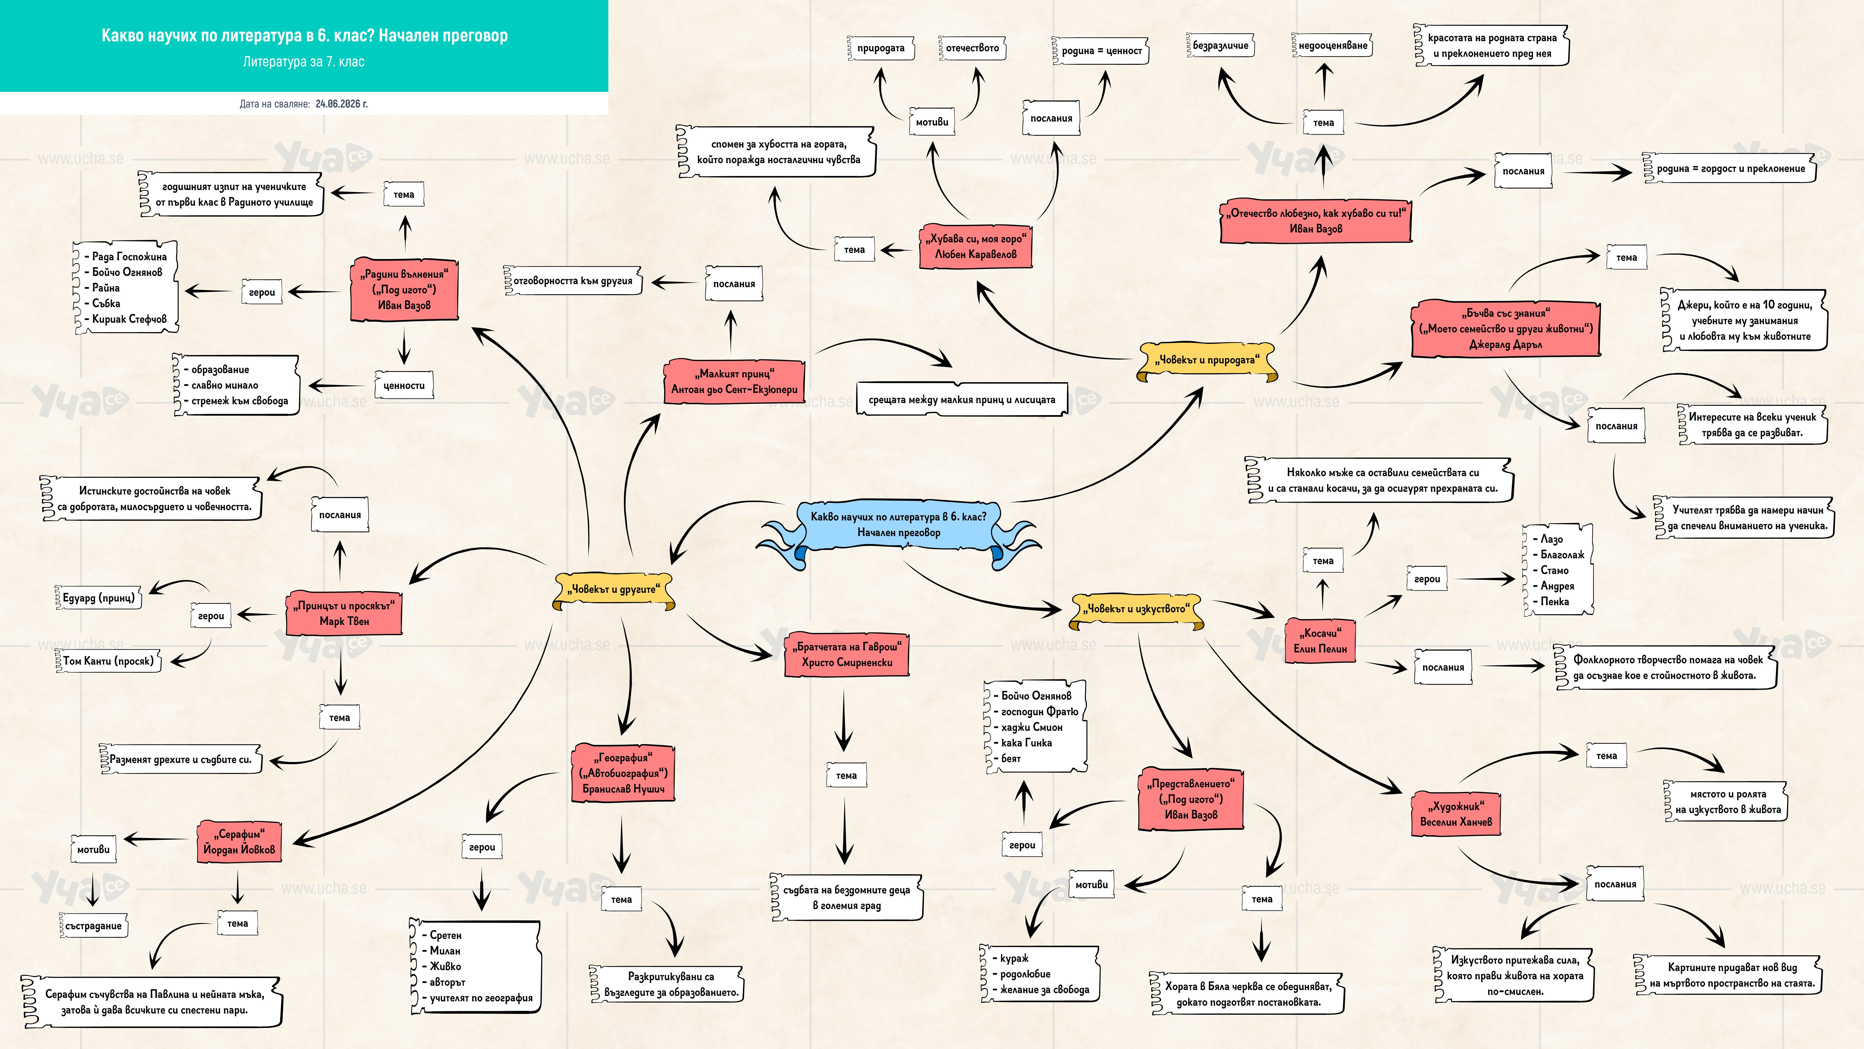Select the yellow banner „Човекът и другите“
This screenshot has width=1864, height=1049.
(614, 590)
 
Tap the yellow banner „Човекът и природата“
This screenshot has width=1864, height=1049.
(1206, 361)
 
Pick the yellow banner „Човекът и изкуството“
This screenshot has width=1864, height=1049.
(1136, 609)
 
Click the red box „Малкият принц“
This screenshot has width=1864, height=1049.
(734, 381)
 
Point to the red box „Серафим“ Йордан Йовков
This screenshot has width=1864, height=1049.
(239, 842)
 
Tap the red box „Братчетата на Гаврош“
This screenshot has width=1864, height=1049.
(847, 654)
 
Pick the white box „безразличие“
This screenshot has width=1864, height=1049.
(1220, 46)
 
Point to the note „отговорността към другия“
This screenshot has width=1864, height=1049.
(572, 281)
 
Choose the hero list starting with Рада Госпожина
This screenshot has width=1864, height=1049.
(126, 288)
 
